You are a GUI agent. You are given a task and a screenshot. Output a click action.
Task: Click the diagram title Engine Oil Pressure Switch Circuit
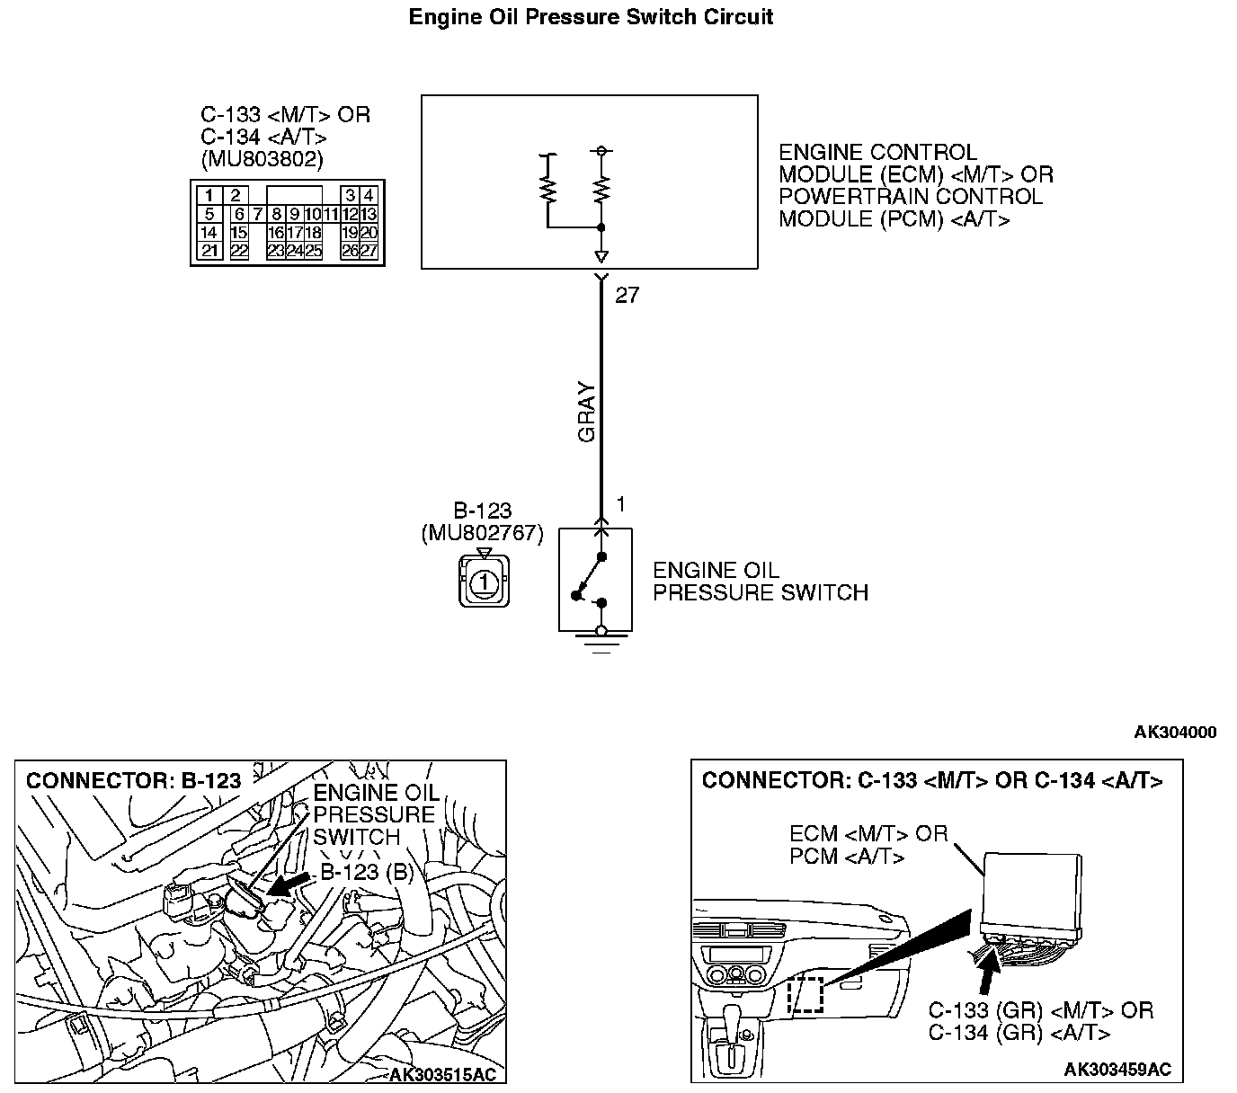click(x=591, y=17)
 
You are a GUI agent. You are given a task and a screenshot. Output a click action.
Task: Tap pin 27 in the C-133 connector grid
click(x=369, y=252)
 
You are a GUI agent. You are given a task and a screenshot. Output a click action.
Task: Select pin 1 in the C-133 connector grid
click(x=209, y=195)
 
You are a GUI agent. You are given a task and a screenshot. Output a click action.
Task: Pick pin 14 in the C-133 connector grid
click(x=209, y=233)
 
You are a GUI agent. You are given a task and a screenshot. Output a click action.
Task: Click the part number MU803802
click(x=262, y=159)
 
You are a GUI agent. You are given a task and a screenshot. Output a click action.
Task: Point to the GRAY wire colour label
click(x=587, y=413)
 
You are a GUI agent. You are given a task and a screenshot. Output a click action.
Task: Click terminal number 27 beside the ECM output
click(x=627, y=296)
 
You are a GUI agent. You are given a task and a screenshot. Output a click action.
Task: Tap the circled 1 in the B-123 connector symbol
click(x=484, y=582)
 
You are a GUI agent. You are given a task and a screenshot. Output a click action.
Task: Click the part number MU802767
click(x=482, y=533)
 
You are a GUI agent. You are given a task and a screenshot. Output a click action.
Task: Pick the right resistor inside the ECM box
click(x=601, y=189)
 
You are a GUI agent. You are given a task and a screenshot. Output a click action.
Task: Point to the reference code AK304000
click(x=1175, y=733)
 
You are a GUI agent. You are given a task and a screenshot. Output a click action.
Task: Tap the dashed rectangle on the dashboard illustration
click(x=805, y=994)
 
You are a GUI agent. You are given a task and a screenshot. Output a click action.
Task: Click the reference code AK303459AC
click(x=1117, y=1069)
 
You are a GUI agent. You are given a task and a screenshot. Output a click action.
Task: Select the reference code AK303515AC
click(x=442, y=1075)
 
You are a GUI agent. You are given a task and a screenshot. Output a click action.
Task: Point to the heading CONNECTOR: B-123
click(x=133, y=781)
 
